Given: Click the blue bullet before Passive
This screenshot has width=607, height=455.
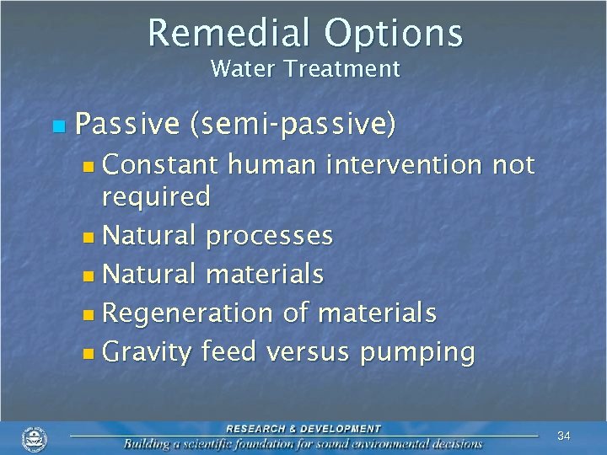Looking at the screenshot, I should coord(57,127).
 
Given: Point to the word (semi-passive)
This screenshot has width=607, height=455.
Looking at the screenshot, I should coord(293,126).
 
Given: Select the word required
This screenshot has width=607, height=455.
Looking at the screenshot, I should coord(156,197).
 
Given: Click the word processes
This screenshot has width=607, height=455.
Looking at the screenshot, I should coord(269,236).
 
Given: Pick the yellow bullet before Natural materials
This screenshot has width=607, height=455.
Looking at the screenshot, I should coord(90,275).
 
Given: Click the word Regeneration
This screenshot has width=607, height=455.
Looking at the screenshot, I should coord(188,313).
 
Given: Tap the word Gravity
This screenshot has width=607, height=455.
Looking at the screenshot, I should coord(147,352).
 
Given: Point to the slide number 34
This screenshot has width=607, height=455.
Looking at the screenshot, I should coord(564,436).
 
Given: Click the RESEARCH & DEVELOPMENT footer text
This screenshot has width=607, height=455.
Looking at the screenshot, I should coord(303,429).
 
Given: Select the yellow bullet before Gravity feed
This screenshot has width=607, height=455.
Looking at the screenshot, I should coord(90,352).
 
